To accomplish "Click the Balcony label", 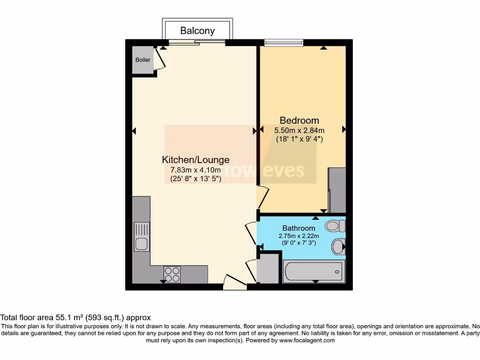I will [197, 31].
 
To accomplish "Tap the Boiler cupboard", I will [143, 60].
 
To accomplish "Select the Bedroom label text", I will [299, 120].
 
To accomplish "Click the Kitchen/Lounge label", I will [195, 159].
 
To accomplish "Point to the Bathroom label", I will [299, 228].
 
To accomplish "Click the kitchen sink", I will [141, 237].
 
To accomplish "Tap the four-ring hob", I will [172, 274].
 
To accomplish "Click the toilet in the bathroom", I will [335, 226].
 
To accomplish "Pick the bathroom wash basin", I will [338, 246].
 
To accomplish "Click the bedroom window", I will [284, 43].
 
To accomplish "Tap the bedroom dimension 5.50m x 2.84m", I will [299, 130].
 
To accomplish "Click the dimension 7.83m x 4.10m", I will [195, 170].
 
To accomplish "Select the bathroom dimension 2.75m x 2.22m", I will [299, 236].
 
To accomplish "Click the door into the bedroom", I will [262, 197].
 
